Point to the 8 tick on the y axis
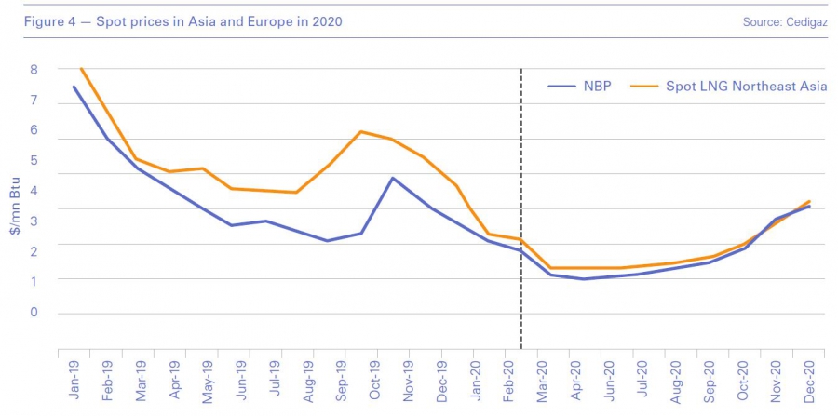(x=33, y=69)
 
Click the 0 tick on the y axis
(x=33, y=312)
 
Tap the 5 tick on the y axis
(x=33, y=160)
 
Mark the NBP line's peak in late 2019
(x=393, y=178)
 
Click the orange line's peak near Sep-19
(x=360, y=132)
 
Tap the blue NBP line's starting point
(x=74, y=87)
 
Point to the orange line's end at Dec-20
(x=809, y=201)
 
